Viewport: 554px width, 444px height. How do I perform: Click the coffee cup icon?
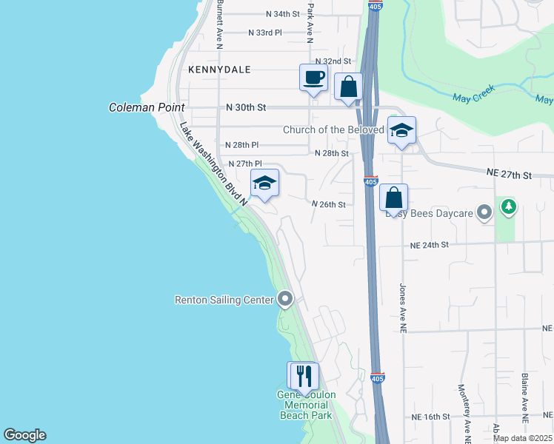pos(313,78)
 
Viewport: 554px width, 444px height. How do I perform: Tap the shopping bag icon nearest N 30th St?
pos(349,87)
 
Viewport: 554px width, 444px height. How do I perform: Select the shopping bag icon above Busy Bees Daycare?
pos(394,198)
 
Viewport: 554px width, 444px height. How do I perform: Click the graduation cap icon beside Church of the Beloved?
pos(401,131)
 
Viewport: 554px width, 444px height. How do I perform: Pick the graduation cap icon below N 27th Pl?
pos(264,184)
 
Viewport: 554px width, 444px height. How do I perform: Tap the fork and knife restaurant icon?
pos(304,376)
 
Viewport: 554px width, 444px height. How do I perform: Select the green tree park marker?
pos(508,207)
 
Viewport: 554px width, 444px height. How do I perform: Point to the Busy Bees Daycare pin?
pos(485,213)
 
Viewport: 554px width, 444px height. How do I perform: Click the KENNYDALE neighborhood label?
pos(219,70)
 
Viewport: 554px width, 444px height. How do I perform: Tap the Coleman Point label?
pos(147,107)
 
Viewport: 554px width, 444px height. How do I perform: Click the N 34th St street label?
pos(283,14)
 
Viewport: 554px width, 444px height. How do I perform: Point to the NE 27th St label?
pos(510,173)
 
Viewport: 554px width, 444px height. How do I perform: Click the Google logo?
pos(24,435)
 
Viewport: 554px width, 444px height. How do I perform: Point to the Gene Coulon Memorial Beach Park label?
pos(306,405)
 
